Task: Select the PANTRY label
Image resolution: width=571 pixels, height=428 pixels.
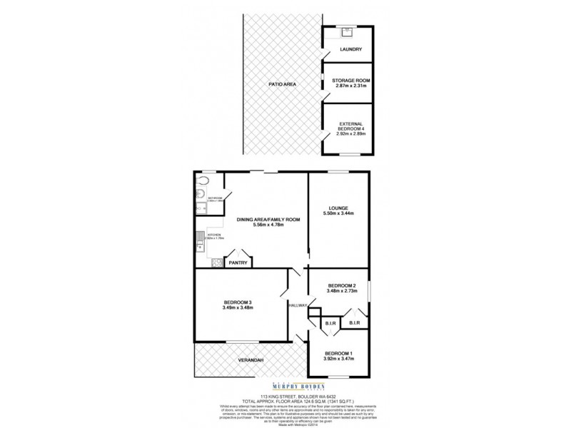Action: (238, 263)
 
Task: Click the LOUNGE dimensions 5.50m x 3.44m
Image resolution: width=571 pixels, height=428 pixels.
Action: (339, 213)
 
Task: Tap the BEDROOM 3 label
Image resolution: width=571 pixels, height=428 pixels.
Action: (237, 302)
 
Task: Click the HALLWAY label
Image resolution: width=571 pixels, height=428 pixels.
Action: (298, 305)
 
